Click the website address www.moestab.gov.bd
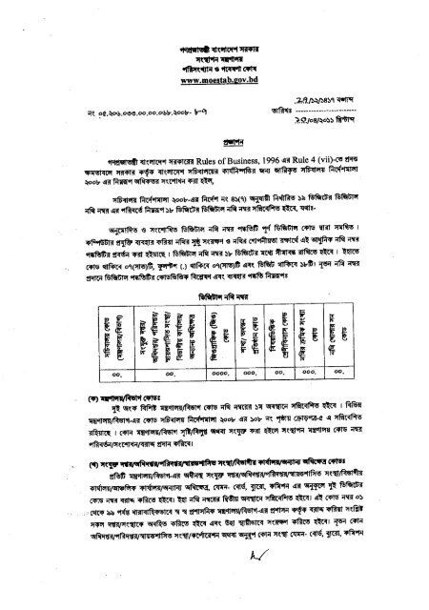pos(216,83)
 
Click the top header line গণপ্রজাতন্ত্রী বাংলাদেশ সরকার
pos(216,41)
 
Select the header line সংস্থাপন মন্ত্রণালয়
pos(216,55)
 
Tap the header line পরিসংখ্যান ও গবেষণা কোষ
pos(216,69)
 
